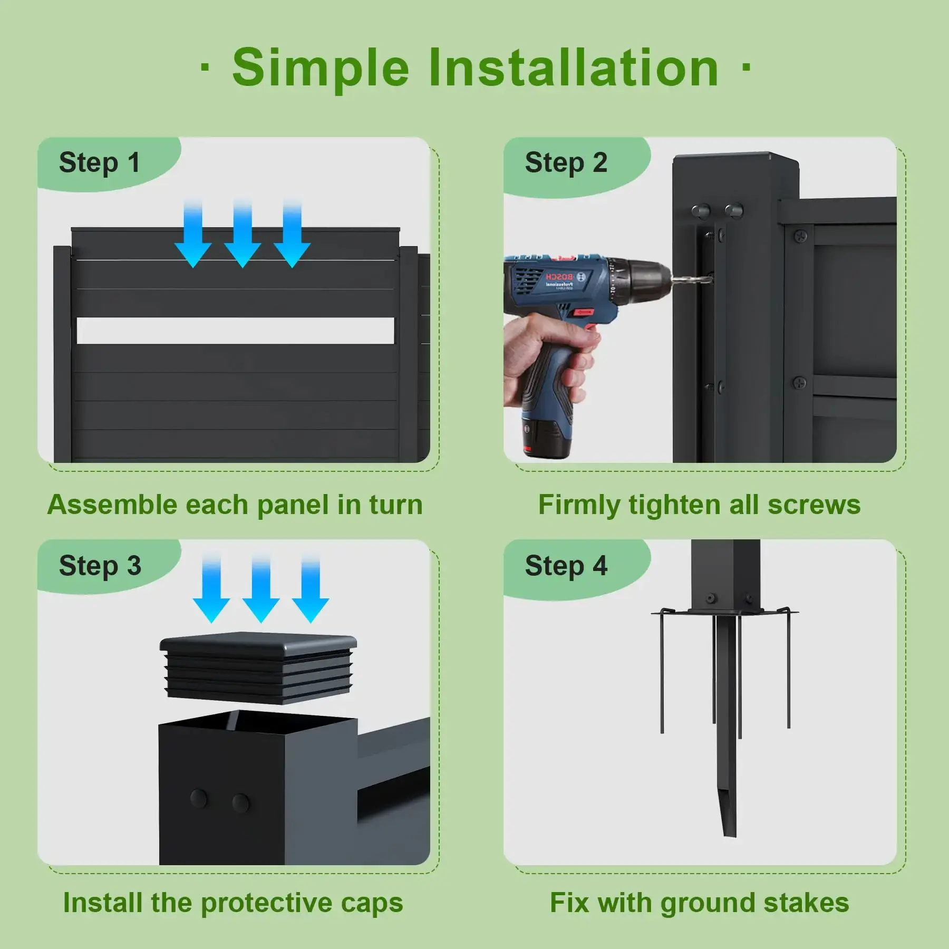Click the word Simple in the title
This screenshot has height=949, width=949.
coord(321,69)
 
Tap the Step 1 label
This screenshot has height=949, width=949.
coord(100,162)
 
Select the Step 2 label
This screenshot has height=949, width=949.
coord(566,162)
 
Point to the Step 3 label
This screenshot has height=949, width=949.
coord(100,566)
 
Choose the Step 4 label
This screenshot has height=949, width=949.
coord(566,566)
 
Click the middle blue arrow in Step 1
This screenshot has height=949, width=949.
coord(243,233)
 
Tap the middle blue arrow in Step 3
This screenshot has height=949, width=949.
coord(261,588)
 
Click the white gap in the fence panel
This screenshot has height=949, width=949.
coord(236,331)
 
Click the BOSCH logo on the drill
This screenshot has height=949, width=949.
coord(559,277)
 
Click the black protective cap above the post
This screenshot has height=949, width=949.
coord(258,667)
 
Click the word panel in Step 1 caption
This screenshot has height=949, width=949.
coord(293,506)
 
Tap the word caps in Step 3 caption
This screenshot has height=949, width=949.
coord(372,904)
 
